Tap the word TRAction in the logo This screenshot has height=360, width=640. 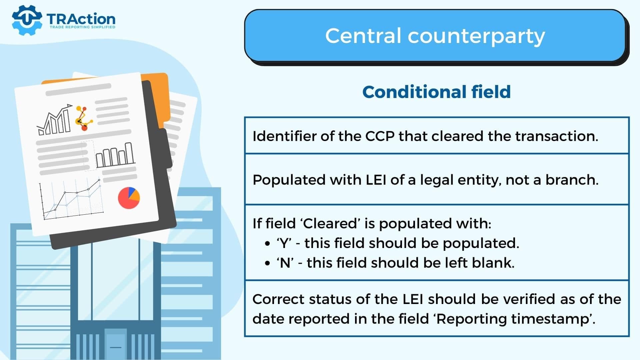tap(81, 19)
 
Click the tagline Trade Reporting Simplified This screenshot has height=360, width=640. tap(82, 27)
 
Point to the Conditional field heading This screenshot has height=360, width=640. tap(436, 92)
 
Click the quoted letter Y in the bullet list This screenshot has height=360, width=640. tap(284, 243)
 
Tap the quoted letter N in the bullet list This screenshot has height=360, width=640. tap(285, 263)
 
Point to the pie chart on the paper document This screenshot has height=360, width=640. tap(129, 198)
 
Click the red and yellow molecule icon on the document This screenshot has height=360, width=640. tap(84, 118)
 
